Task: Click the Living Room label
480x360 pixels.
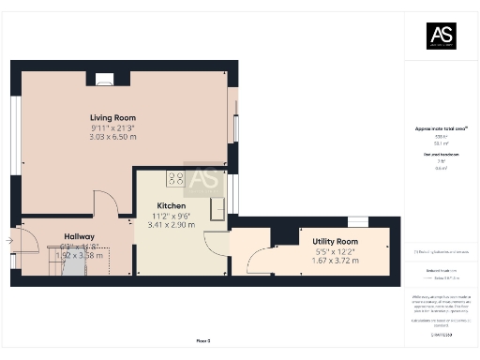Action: click(x=113, y=117)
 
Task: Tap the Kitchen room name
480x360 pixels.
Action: click(x=172, y=205)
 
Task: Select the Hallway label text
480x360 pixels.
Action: click(x=78, y=236)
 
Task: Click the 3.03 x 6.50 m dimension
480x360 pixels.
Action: click(x=113, y=137)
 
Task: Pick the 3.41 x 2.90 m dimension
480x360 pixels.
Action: click(x=172, y=225)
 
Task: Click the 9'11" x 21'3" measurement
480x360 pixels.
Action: click(x=113, y=127)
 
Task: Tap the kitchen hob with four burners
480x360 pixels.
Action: click(x=175, y=177)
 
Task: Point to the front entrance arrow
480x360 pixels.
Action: click(x=8, y=241)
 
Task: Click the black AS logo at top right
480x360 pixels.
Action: click(x=441, y=35)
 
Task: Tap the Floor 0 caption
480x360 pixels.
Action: click(x=202, y=339)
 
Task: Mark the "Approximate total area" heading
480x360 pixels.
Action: click(x=441, y=128)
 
